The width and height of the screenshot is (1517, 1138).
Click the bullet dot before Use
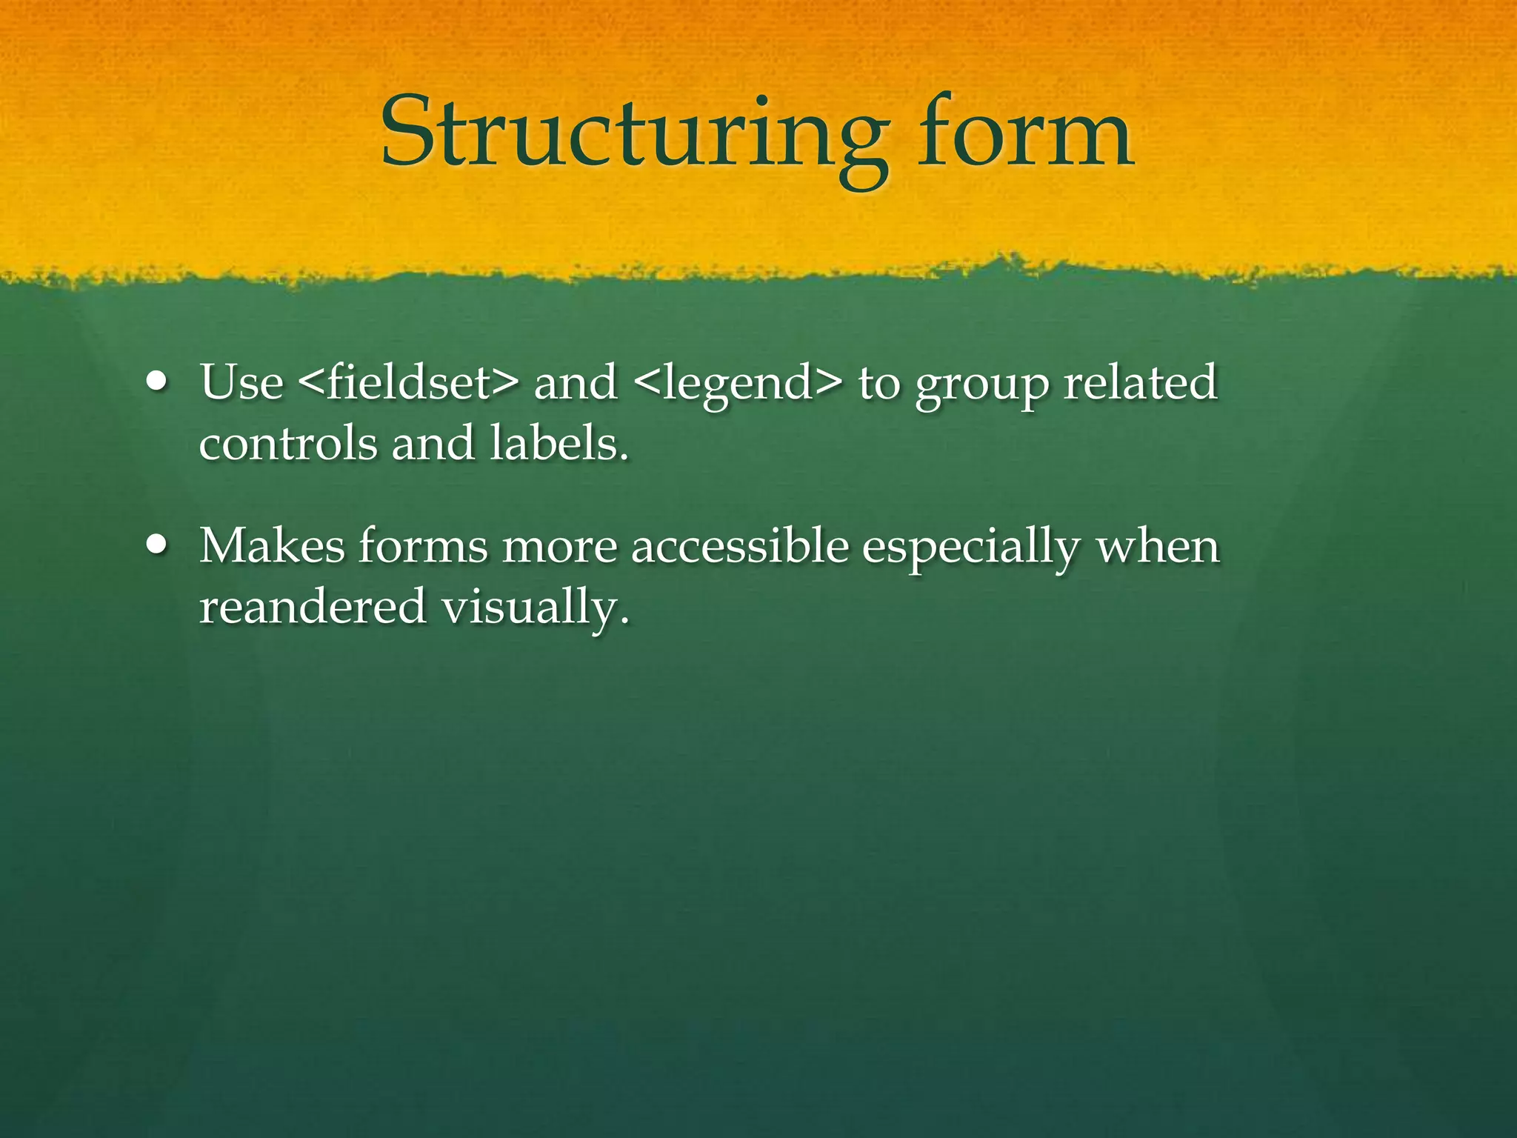click(157, 383)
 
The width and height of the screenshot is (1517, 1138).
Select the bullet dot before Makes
click(157, 546)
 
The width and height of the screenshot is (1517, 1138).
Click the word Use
click(241, 383)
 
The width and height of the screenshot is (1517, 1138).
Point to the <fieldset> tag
click(408, 383)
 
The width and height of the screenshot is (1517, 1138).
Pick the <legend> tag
click(739, 383)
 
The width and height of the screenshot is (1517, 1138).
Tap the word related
click(1140, 383)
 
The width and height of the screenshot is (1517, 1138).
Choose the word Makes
click(272, 546)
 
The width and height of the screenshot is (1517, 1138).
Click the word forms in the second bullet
click(423, 546)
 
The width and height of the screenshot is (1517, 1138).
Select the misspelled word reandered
click(313, 607)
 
